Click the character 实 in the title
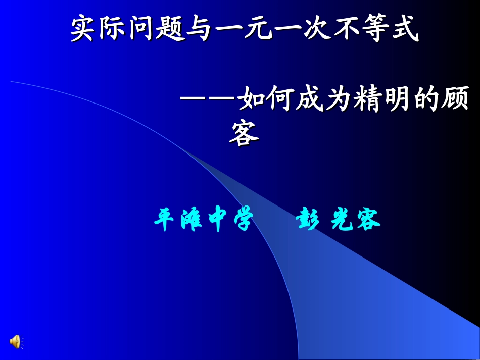click(x=84, y=29)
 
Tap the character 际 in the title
click(x=114, y=29)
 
